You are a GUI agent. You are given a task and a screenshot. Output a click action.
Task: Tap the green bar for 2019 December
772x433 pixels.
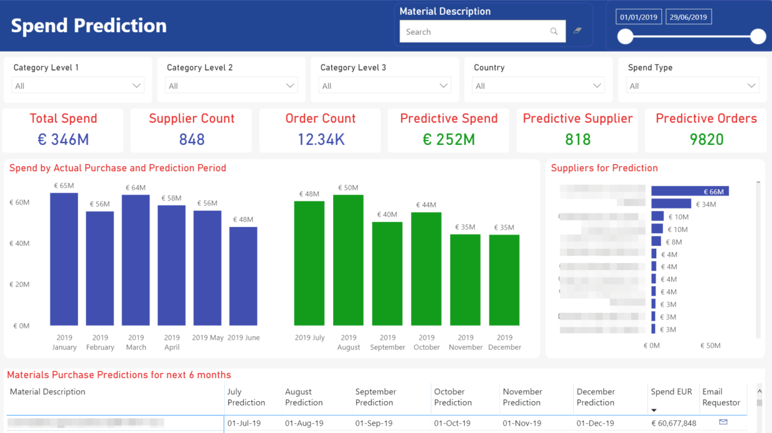pyautogui.click(x=504, y=280)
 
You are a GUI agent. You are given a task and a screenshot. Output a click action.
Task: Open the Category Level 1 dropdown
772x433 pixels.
pyautogui.click(x=78, y=86)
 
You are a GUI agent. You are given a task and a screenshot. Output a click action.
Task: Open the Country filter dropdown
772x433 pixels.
pyautogui.click(x=539, y=86)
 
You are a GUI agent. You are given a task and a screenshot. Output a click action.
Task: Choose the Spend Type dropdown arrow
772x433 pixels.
pyautogui.click(x=751, y=86)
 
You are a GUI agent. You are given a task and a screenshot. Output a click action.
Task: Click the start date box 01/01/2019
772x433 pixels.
pyautogui.click(x=639, y=17)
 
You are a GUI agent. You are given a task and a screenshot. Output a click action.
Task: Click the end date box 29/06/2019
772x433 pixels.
pyautogui.click(x=689, y=17)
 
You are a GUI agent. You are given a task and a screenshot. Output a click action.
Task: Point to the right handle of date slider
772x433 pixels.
pyautogui.click(x=758, y=37)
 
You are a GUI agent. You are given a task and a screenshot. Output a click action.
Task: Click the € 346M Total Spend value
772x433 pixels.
pyautogui.click(x=64, y=139)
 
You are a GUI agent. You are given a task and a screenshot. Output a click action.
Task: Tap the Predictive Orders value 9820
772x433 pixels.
pyautogui.click(x=706, y=139)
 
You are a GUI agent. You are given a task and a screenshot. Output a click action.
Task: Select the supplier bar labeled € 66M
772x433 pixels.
pyautogui.click(x=690, y=192)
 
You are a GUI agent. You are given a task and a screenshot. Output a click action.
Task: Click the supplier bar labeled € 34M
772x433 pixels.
pyautogui.click(x=671, y=204)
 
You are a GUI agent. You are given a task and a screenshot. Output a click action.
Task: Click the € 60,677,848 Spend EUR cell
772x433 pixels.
pyautogui.click(x=674, y=424)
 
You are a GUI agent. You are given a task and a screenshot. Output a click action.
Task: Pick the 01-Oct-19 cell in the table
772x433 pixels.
pyautogui.click(x=453, y=424)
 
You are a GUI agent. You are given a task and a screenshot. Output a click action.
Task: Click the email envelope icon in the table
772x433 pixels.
pyautogui.click(x=723, y=422)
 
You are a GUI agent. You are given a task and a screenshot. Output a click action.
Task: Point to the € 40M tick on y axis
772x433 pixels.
pyautogui.click(x=19, y=243)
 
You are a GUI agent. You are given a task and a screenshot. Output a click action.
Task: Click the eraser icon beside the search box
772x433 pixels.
pyautogui.click(x=578, y=30)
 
